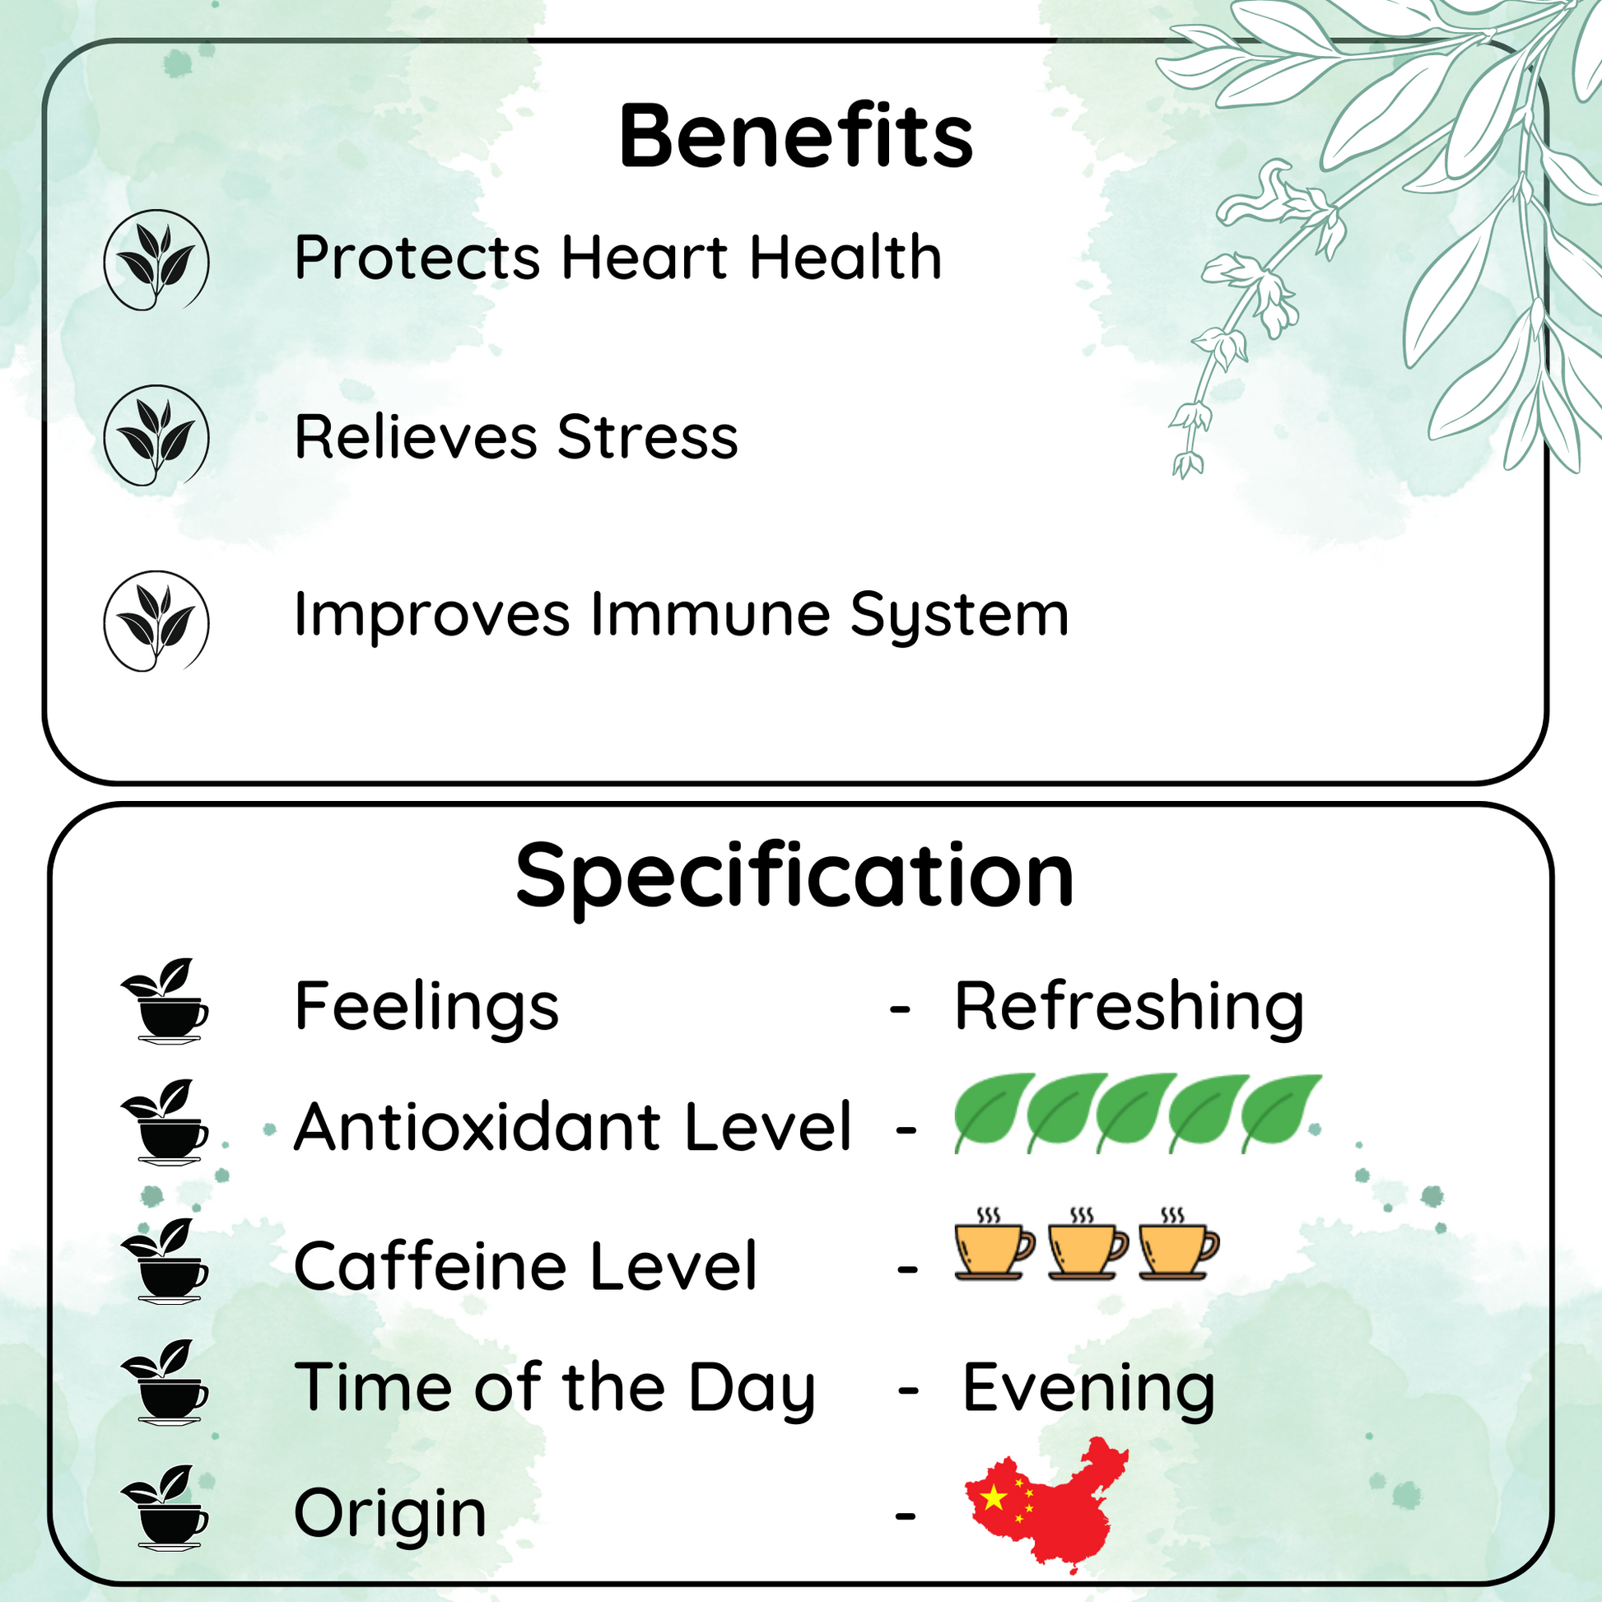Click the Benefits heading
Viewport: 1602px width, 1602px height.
(x=796, y=136)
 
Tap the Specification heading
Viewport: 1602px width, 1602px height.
(x=794, y=878)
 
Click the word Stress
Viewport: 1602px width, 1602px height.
(x=648, y=437)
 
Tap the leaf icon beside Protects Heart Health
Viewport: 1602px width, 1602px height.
(x=156, y=259)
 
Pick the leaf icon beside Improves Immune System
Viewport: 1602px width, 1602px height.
(x=156, y=621)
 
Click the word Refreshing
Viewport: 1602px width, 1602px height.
(x=1129, y=1008)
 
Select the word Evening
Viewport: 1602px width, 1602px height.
(x=1089, y=1389)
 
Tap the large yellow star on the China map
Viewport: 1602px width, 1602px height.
(x=994, y=1497)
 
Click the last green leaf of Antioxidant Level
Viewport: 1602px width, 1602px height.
(x=1280, y=1112)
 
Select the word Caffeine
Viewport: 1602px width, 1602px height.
(x=431, y=1266)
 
